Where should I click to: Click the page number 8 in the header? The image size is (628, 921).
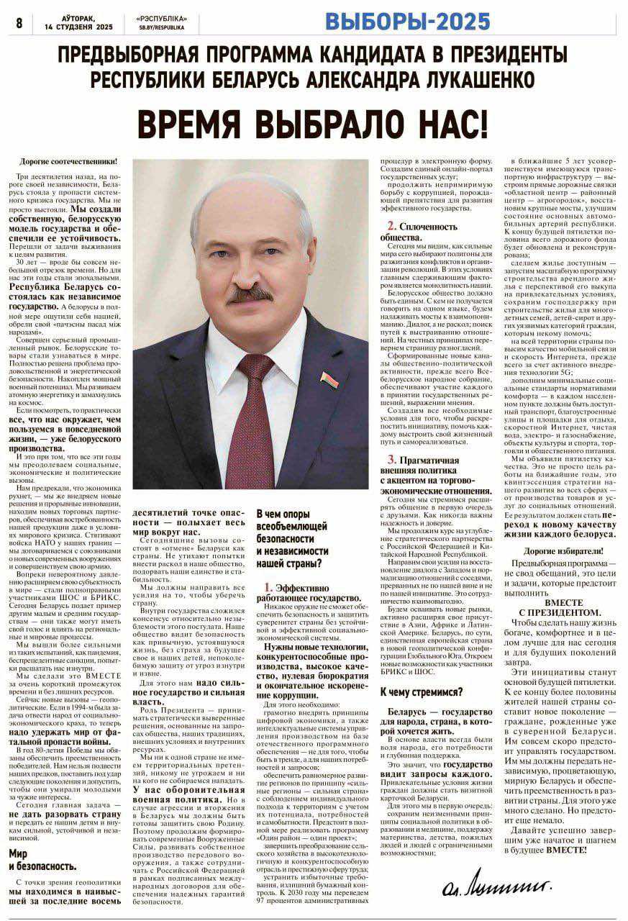point(19,23)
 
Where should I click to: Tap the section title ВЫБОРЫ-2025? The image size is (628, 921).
point(407,22)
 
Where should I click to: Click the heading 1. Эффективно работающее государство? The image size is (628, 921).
point(312,592)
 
